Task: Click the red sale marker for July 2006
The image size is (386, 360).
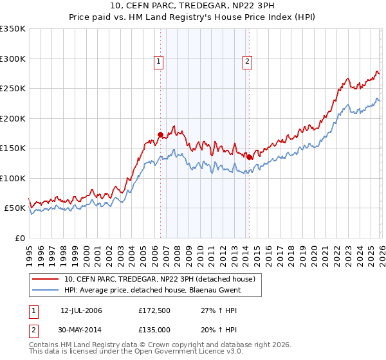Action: pyautogui.click(x=160, y=134)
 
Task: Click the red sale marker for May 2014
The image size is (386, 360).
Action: pyautogui.click(x=249, y=156)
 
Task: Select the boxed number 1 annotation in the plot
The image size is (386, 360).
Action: pyautogui.click(x=158, y=62)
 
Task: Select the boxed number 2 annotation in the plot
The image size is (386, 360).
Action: pyautogui.click(x=247, y=62)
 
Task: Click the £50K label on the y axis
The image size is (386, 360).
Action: pyautogui.click(x=15, y=208)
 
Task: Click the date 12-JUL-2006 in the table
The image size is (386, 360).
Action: pyautogui.click(x=82, y=310)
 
